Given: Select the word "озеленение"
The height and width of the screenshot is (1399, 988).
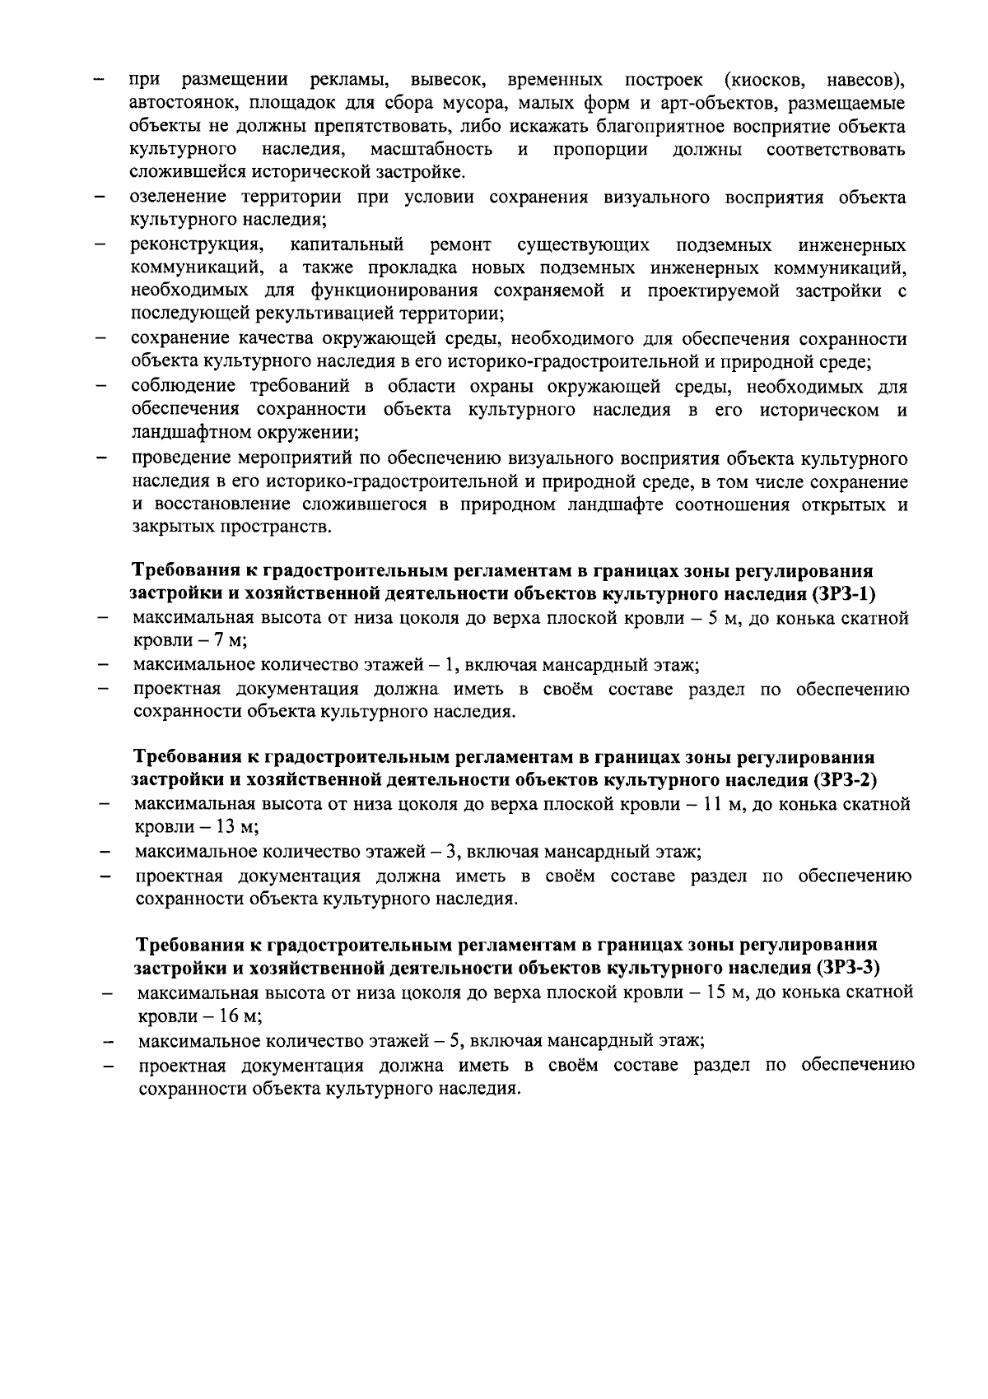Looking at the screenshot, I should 181,198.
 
